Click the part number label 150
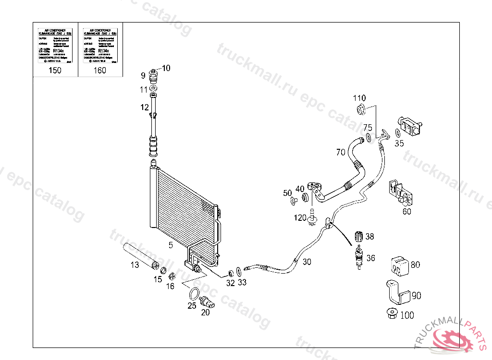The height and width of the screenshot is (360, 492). tap(55, 71)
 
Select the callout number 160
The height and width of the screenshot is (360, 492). tap(100, 71)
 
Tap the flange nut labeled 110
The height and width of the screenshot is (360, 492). tap(362, 110)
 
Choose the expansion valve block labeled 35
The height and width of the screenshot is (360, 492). tap(409, 127)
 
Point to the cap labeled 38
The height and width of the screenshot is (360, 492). tap(357, 236)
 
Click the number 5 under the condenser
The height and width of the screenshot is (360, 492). tap(170, 246)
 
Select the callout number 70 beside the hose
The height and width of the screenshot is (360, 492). tap(341, 153)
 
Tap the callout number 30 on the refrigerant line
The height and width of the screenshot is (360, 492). tap(307, 262)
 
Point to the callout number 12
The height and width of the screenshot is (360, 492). tap(145, 108)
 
